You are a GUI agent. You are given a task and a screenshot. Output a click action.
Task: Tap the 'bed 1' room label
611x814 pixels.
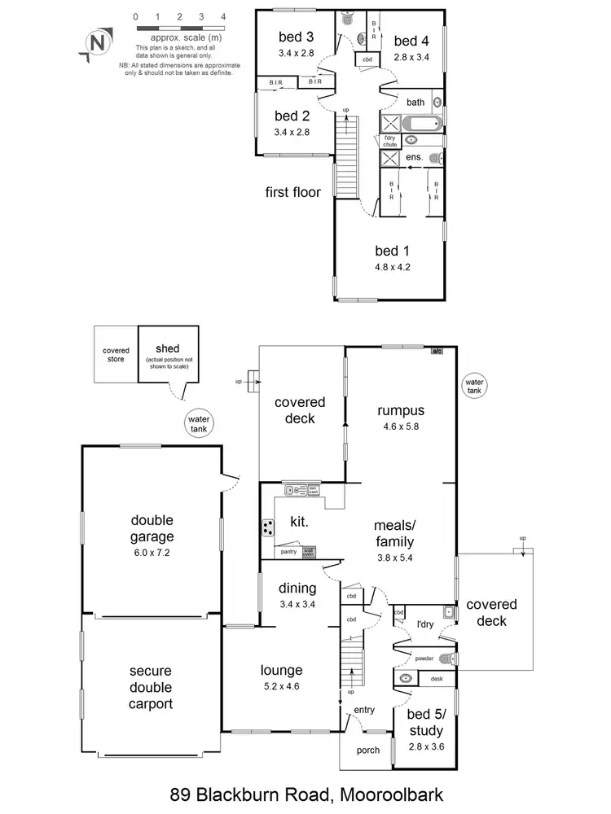(387, 250)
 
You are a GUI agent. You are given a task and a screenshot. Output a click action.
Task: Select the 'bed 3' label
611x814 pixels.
(295, 37)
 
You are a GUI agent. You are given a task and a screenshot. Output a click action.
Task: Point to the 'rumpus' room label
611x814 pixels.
(400, 410)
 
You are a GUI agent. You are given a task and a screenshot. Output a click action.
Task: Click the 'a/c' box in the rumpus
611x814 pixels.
(437, 351)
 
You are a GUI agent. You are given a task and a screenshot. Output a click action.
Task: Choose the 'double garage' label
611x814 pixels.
(152, 527)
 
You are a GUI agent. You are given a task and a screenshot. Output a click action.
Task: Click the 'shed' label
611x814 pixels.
(167, 348)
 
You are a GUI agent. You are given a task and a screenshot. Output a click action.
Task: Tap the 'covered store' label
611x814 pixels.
(116, 354)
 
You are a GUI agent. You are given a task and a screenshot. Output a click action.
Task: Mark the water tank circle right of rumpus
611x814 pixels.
(473, 385)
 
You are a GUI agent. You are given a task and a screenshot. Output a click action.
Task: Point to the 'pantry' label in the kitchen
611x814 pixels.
(288, 552)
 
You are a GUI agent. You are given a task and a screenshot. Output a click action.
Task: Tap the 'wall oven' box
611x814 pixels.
(308, 551)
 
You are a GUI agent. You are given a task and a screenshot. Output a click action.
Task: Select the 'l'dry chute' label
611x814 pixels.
(392, 139)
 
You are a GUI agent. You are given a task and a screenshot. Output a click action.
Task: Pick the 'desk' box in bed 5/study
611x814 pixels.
(437, 678)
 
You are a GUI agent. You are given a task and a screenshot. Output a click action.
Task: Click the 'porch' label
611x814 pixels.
(368, 750)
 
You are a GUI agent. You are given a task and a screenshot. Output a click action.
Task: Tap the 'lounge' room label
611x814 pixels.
(282, 671)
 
